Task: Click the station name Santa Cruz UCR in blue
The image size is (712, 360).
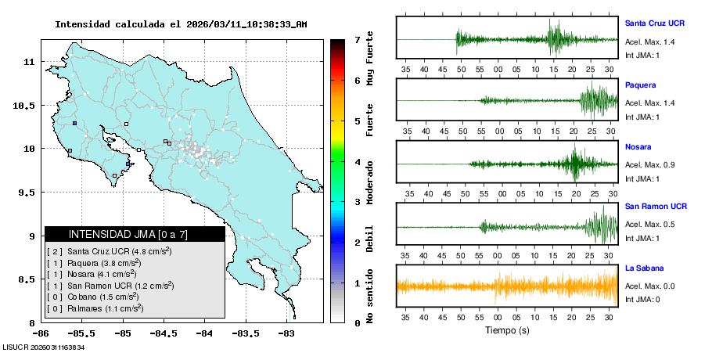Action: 656,23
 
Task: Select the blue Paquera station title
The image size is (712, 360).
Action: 641,85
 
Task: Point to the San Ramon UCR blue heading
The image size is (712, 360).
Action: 656,207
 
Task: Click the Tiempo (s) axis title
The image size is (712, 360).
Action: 507,330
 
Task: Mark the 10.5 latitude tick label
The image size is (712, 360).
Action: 27,106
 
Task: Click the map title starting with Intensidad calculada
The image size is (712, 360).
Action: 181,24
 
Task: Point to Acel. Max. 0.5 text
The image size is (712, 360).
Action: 649,225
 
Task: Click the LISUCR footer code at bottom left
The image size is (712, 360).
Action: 43,347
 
